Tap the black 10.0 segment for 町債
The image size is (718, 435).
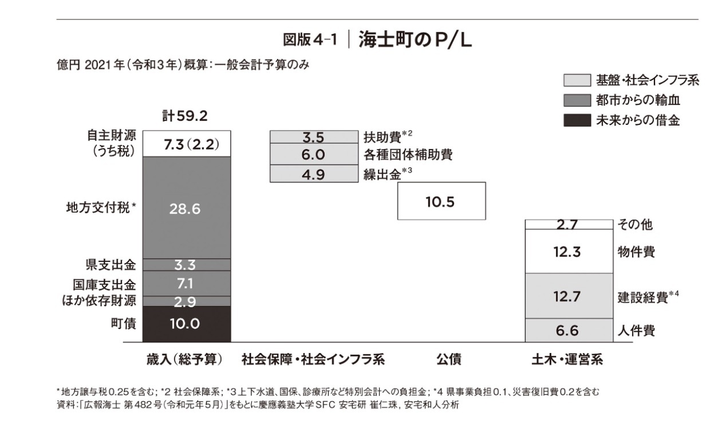coord(186,324)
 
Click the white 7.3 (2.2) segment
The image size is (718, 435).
coord(186,143)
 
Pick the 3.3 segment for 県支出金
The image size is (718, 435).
coord(186,264)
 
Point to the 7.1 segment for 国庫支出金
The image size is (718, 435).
coord(186,283)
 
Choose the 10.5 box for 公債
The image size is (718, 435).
coord(441,201)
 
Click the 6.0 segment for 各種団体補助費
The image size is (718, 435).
coord(313,155)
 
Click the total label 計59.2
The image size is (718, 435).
coord(184,116)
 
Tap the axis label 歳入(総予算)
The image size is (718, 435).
coord(184,359)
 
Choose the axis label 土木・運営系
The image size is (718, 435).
coord(567,359)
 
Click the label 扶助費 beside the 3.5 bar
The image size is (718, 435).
coord(378,137)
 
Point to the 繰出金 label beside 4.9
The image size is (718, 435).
coord(378,174)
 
